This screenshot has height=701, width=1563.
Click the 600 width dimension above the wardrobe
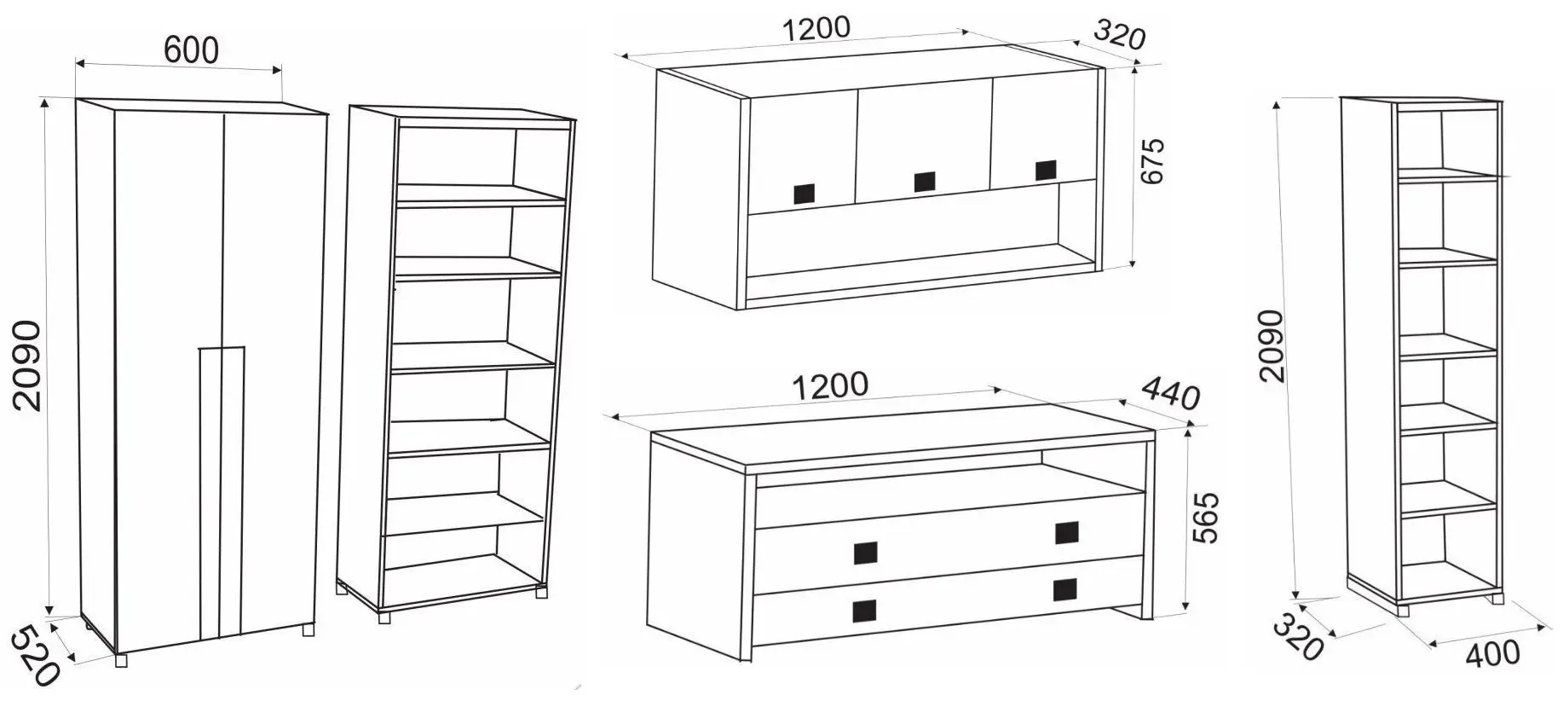192,50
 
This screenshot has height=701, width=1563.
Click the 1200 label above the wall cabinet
816,28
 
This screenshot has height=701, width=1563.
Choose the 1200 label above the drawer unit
830,385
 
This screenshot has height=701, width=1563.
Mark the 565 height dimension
1205,518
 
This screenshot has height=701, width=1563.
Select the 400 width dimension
1492,653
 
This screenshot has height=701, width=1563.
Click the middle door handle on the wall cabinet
924,182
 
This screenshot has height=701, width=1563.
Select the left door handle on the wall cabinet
804,194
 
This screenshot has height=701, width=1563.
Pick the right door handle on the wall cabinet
1046,170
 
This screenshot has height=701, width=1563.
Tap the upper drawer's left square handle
865,553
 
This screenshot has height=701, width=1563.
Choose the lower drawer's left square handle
864,611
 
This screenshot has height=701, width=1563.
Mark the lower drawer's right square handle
1065,589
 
